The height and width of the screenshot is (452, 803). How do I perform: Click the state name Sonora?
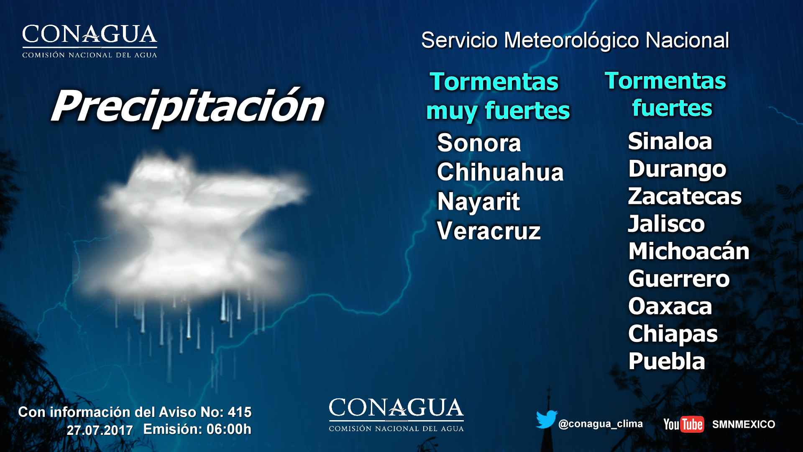tap(479, 143)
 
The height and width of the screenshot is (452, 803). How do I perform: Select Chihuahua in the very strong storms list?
tap(500, 172)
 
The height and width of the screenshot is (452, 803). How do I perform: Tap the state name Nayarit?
tap(478, 202)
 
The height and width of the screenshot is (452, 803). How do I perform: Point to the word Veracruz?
tap(489, 231)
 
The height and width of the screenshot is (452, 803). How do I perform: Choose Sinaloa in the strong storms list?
tap(670, 141)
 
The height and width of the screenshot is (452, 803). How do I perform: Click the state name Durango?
tap(677, 169)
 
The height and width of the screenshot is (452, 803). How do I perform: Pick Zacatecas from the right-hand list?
tap(685, 196)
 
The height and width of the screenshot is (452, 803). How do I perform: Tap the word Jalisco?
tap(666, 223)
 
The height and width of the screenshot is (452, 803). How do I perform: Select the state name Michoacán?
tap(689, 251)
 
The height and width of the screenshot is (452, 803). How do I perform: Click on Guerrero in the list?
tap(679, 279)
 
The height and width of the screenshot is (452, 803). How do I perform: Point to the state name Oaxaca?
tap(670, 306)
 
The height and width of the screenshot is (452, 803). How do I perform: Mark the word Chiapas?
tap(673, 334)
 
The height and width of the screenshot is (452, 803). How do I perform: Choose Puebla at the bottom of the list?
tap(667, 361)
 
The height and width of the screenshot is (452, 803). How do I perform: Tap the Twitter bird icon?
tap(546, 420)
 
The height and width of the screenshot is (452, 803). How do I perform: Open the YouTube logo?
tap(683, 424)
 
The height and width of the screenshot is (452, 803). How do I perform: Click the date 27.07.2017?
tap(100, 430)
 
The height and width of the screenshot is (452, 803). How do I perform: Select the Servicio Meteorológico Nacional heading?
tap(575, 41)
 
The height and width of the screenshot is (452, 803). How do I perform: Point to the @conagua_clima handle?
tap(601, 424)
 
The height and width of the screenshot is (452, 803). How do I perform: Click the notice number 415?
tap(240, 412)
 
